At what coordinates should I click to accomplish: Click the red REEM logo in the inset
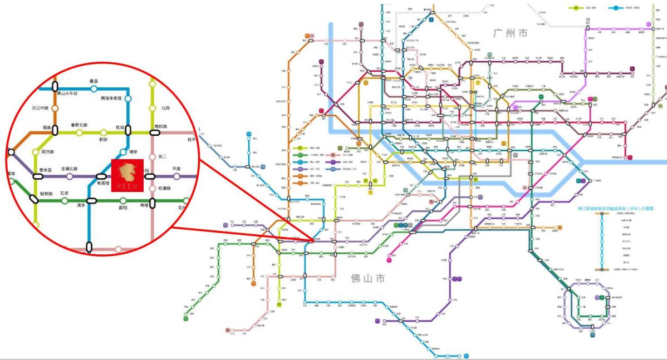point(128,175)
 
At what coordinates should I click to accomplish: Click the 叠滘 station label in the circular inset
point(94,81)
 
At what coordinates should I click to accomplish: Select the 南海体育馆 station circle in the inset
point(128,98)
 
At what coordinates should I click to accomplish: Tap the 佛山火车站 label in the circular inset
point(66,93)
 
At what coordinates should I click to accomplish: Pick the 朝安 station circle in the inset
point(103,132)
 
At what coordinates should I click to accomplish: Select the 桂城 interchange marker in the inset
point(128,130)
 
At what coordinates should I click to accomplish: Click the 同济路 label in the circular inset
point(47,151)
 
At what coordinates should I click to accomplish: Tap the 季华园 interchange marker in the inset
point(38,176)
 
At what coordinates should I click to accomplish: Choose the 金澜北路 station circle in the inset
point(70,176)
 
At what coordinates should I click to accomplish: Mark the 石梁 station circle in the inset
point(65,200)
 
